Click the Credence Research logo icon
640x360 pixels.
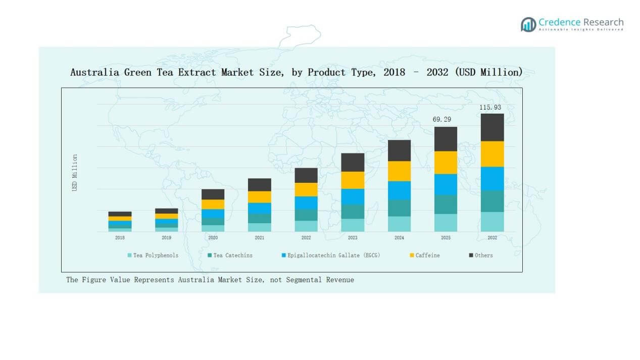[x=528, y=24]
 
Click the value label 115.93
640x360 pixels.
[x=490, y=108]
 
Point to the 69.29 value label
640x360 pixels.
[x=442, y=120]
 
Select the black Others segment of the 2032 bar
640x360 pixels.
[x=492, y=127]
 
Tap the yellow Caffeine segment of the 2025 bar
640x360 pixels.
[x=446, y=163]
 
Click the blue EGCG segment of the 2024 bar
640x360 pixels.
[x=399, y=190]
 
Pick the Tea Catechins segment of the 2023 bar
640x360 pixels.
[x=353, y=212]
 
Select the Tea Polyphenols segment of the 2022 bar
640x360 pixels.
[x=306, y=226]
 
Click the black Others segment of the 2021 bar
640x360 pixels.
[x=259, y=185]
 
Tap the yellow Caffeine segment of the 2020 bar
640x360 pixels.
[x=213, y=204]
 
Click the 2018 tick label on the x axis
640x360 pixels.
[x=120, y=238]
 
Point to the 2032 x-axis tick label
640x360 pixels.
[x=492, y=238]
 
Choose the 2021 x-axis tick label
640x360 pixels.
[x=259, y=238]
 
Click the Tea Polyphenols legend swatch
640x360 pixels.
[x=130, y=255]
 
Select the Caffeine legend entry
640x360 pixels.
[x=427, y=255]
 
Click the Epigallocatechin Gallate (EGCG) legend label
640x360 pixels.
[x=333, y=255]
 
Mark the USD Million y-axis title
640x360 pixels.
[x=75, y=173]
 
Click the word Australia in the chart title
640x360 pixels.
[x=95, y=73]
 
